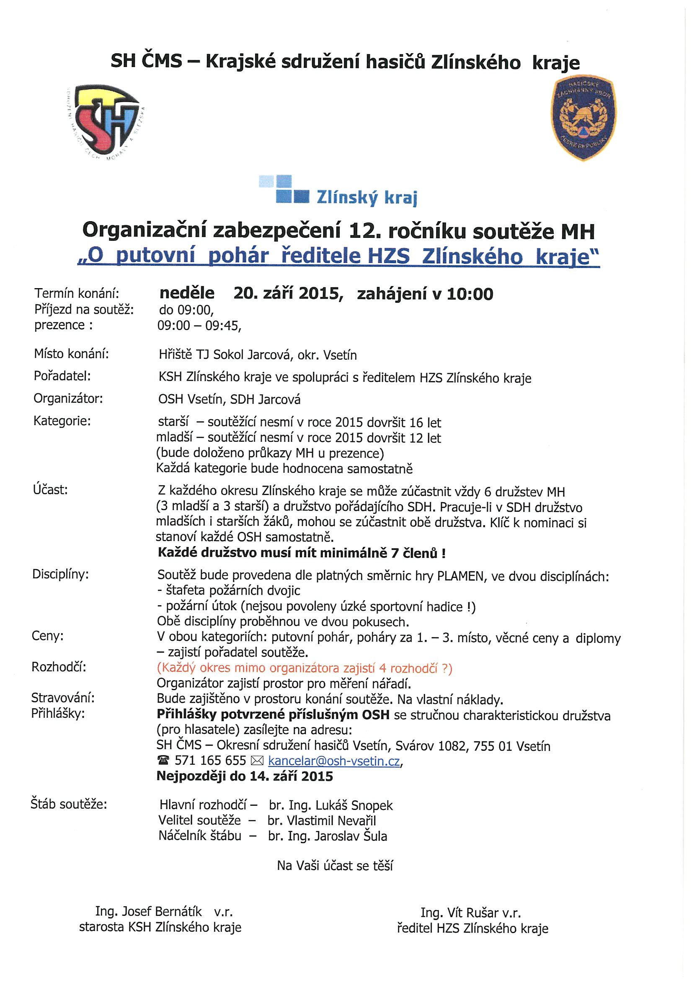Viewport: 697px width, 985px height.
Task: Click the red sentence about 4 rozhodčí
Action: [x=304, y=668]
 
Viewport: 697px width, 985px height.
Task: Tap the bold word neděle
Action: [x=187, y=293]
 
